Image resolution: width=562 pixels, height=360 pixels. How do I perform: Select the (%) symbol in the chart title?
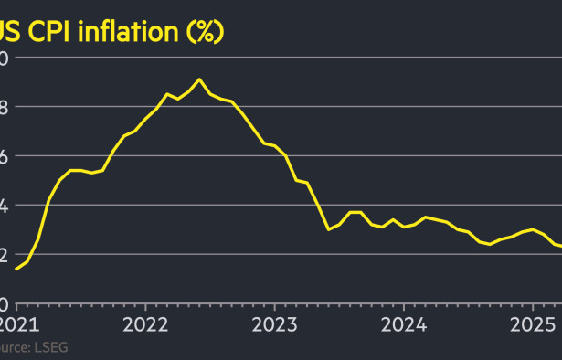(206, 33)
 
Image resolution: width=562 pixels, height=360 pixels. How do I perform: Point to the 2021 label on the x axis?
(16, 324)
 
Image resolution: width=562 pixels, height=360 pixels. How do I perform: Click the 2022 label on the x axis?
(145, 324)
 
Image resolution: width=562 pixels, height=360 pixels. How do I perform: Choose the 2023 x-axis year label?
(274, 324)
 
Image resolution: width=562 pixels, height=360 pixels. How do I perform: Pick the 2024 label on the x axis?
(404, 324)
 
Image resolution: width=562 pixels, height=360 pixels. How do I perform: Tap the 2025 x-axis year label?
(534, 324)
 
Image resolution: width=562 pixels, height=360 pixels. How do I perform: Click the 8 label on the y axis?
(4, 107)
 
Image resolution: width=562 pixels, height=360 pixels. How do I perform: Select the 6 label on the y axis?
(4, 156)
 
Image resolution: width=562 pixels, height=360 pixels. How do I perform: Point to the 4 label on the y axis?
(4, 206)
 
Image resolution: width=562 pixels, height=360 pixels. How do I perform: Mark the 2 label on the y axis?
(4, 255)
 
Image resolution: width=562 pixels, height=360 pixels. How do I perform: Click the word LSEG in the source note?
(50, 347)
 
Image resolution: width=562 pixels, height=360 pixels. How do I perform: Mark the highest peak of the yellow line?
(200, 79)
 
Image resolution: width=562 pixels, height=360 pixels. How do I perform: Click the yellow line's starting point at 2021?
(16, 269)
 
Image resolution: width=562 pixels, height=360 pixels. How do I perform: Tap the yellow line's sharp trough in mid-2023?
(329, 229)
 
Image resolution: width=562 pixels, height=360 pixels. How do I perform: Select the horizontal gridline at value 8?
(366, 106)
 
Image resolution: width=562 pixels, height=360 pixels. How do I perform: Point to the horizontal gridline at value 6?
(411, 155)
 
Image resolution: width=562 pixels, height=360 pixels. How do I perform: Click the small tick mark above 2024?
(404, 308)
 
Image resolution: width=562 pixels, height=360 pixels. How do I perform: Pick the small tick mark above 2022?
(145, 308)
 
